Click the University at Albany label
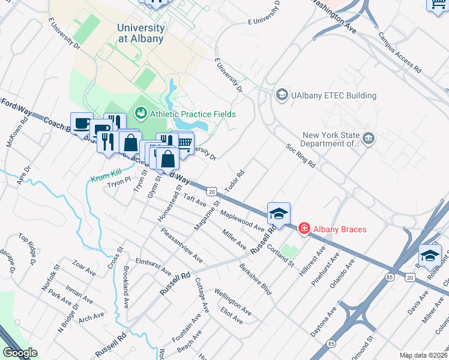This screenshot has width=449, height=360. coord(140,33)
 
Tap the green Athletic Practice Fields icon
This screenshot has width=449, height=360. coord(141,112)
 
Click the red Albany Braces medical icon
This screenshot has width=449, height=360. coord(304,229)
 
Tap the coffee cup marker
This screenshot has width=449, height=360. coord(82,123)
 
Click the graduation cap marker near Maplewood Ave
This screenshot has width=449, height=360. coord(279,213)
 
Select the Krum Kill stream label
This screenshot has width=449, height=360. coord(106,178)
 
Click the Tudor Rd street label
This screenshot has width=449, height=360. coord(234,182)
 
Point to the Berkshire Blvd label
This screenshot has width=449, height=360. coord(255,279)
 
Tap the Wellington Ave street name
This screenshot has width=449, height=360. coord(233,302)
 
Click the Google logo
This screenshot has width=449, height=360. coord(20,353)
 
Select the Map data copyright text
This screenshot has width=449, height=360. coord(423,355)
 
